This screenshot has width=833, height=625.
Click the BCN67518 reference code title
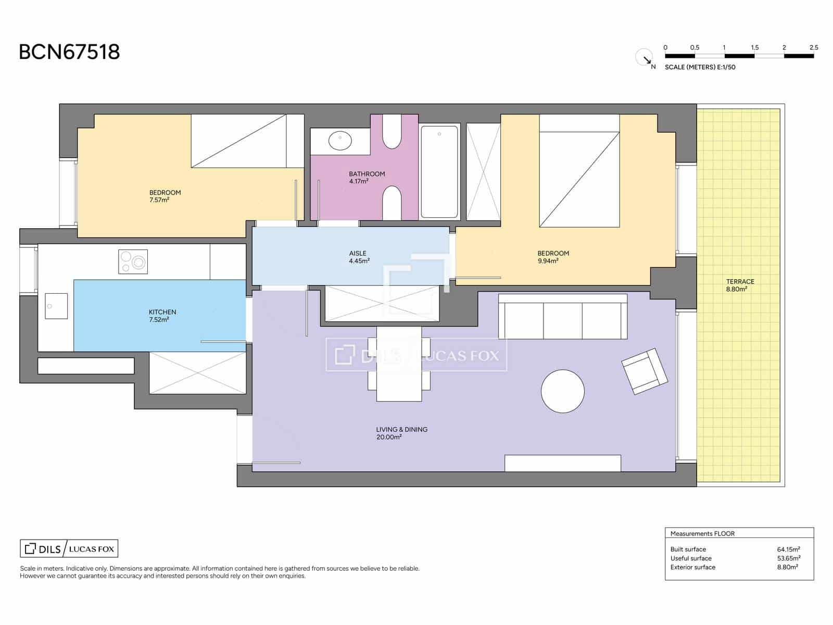[x=69, y=52]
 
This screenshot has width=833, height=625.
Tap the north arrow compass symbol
[x=645, y=57]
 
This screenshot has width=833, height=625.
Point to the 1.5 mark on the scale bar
[x=754, y=48]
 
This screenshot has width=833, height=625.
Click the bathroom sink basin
[x=340, y=140]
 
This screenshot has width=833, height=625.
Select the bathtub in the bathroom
[x=439, y=171]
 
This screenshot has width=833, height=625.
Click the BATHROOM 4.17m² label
[x=367, y=178]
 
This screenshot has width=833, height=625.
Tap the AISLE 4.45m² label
[x=359, y=257]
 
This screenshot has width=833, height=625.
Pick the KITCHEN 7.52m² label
[x=162, y=316]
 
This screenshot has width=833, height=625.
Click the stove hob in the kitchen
[x=133, y=261]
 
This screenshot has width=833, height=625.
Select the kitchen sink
[x=56, y=306]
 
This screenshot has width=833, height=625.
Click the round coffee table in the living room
[x=562, y=391]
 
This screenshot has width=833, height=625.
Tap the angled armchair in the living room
[x=645, y=371]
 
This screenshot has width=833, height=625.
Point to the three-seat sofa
[x=562, y=317]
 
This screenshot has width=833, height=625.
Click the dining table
[x=399, y=364]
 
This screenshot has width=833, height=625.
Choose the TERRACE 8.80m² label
[x=739, y=285]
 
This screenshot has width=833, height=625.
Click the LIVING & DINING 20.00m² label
[x=401, y=433]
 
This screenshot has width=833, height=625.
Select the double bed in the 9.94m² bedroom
[x=579, y=172]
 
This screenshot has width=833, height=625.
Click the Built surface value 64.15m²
[x=788, y=549]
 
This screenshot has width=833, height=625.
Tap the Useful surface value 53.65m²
[x=788, y=558]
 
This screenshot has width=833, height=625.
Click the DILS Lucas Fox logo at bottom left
[x=69, y=548]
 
